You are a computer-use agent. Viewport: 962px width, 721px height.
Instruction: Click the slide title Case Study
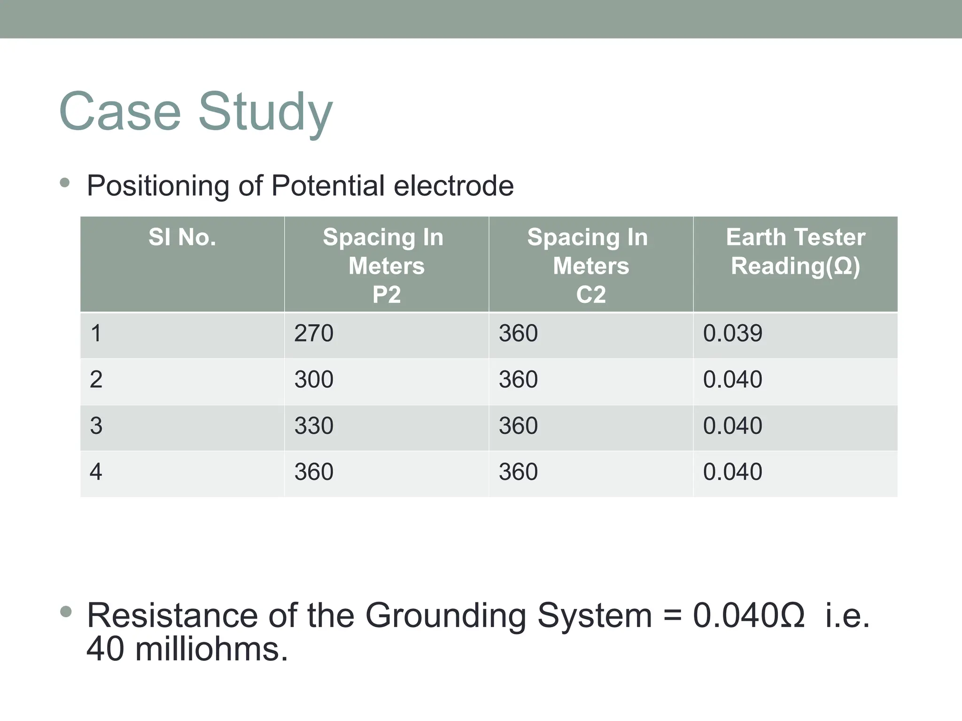(196, 112)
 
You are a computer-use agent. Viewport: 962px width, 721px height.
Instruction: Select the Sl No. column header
(182, 237)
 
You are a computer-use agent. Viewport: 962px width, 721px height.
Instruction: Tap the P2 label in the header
(386, 295)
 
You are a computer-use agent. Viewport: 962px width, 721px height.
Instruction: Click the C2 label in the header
(591, 295)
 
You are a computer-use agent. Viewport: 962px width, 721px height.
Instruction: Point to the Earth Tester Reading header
(795, 252)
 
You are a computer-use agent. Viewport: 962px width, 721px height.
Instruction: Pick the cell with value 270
(314, 334)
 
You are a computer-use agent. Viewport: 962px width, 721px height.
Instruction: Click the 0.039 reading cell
(732, 334)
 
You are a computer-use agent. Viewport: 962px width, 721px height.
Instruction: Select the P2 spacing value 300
(314, 379)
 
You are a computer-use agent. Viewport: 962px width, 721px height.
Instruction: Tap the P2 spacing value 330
(314, 426)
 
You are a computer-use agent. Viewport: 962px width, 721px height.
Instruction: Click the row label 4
(96, 472)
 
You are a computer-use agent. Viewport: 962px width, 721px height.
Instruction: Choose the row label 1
(96, 334)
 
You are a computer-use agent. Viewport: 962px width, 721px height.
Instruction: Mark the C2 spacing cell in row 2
(518, 379)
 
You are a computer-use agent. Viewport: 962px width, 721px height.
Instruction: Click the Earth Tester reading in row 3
(732, 426)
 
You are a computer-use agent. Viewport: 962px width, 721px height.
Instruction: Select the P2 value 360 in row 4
(314, 472)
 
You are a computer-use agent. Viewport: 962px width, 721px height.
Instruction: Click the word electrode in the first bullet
(453, 186)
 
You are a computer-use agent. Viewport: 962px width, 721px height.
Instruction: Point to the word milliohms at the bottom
(211, 650)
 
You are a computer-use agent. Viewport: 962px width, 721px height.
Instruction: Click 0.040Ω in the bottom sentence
(748, 615)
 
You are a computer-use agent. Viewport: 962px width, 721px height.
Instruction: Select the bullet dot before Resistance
(66, 612)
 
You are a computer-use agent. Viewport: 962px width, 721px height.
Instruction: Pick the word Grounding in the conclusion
(446, 615)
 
